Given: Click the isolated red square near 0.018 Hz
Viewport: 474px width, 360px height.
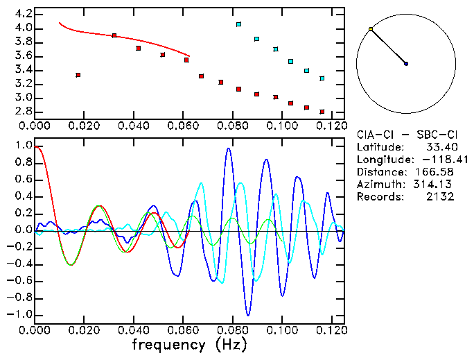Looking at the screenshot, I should pos(78,75).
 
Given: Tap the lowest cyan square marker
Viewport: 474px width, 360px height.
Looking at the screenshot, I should pos(322,78).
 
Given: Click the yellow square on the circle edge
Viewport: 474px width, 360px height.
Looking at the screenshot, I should pos(371,29).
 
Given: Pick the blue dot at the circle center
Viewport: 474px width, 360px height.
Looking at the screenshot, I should pos(406,64).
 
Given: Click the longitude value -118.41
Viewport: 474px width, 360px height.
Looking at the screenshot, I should pos(448,160).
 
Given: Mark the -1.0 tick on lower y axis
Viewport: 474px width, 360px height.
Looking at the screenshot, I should pos(21,315).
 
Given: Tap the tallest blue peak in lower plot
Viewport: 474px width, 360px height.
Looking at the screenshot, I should pos(229,148).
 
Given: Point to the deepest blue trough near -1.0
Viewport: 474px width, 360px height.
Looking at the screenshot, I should pos(248,315).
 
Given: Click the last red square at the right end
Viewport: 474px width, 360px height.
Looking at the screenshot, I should pos(322,112).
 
